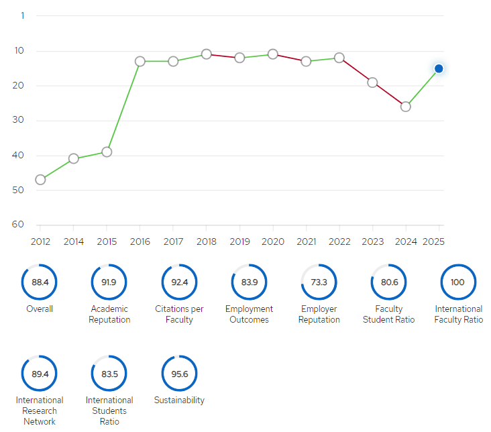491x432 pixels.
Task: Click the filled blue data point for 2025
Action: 439,68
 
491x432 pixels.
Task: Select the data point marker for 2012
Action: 40,180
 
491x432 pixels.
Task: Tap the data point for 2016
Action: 140,61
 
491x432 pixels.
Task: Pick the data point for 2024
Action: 406,107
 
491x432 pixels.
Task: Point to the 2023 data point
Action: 372,83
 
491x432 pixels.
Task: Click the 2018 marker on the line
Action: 207,54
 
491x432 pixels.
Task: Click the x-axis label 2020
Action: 272,241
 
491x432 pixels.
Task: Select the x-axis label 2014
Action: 74,241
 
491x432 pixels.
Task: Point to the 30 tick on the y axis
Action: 17,120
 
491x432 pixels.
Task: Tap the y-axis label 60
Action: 17,224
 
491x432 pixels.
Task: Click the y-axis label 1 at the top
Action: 22,15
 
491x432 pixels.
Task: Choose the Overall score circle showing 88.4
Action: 40,282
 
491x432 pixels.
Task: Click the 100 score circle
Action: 457,282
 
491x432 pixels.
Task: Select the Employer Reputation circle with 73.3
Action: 319,282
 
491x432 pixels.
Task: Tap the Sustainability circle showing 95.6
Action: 179,374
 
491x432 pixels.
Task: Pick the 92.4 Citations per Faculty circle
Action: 179,282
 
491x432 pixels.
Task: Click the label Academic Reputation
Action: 110,314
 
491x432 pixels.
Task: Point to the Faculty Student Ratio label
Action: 389,314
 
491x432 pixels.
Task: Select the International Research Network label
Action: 40,411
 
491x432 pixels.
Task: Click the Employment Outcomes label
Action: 249,314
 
